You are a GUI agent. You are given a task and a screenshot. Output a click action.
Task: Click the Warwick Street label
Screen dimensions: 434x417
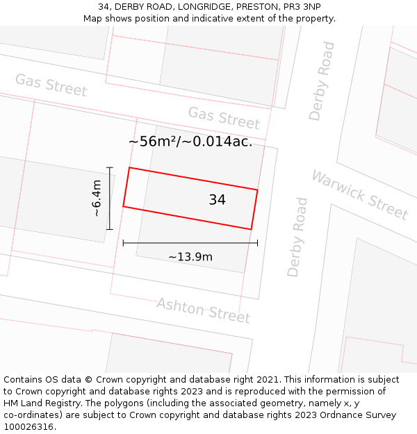(359, 194)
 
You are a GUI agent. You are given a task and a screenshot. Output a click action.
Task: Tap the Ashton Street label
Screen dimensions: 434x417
(203, 310)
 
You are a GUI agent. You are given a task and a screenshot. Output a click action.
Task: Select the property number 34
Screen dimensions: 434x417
(217, 200)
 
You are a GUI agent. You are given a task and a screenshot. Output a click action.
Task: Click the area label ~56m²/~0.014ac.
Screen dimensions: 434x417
(190, 142)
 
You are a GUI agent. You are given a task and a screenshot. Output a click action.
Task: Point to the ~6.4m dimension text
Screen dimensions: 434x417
(97, 198)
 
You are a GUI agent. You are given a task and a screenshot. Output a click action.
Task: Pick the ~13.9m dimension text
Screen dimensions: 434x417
(190, 257)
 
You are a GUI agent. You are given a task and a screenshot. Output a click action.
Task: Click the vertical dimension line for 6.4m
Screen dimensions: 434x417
(109, 198)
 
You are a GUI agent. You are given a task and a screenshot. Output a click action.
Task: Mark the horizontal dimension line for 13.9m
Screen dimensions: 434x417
(190, 243)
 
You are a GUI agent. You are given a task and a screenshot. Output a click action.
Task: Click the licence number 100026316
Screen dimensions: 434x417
(28, 426)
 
